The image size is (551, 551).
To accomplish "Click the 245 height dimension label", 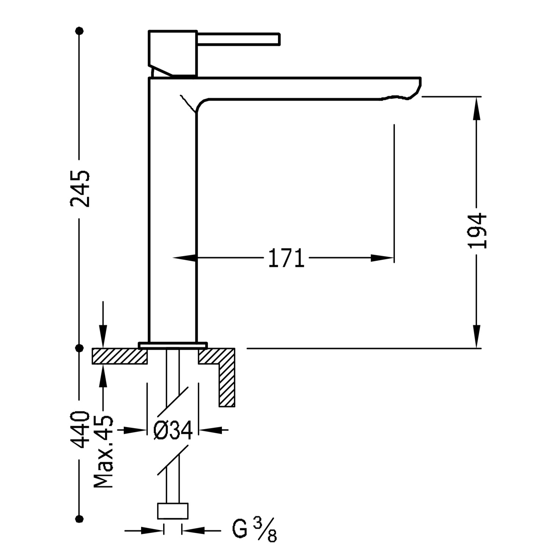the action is (80, 188).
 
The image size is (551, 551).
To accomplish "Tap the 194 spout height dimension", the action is (477, 231).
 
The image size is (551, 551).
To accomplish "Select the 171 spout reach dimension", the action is (287, 258).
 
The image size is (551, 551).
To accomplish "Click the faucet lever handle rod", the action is (239, 39).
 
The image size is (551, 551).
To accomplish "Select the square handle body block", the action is (173, 54).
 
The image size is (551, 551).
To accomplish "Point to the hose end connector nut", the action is (173, 511).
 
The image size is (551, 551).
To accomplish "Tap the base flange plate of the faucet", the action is (173, 345).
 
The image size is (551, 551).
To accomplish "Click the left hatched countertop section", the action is (120, 356).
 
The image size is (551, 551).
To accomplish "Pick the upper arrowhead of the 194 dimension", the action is (477, 108).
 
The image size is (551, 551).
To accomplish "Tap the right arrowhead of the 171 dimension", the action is (382, 258).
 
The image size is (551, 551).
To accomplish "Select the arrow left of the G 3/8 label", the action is (144, 530).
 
